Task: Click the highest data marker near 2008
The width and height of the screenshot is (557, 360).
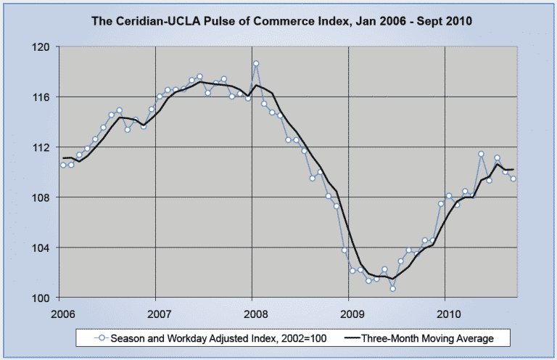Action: (256, 63)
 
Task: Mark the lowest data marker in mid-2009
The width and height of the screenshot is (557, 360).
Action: (392, 288)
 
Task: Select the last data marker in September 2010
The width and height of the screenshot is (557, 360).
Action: (513, 179)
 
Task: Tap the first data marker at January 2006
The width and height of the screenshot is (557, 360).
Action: (63, 165)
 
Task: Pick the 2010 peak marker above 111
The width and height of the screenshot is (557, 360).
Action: (481, 154)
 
